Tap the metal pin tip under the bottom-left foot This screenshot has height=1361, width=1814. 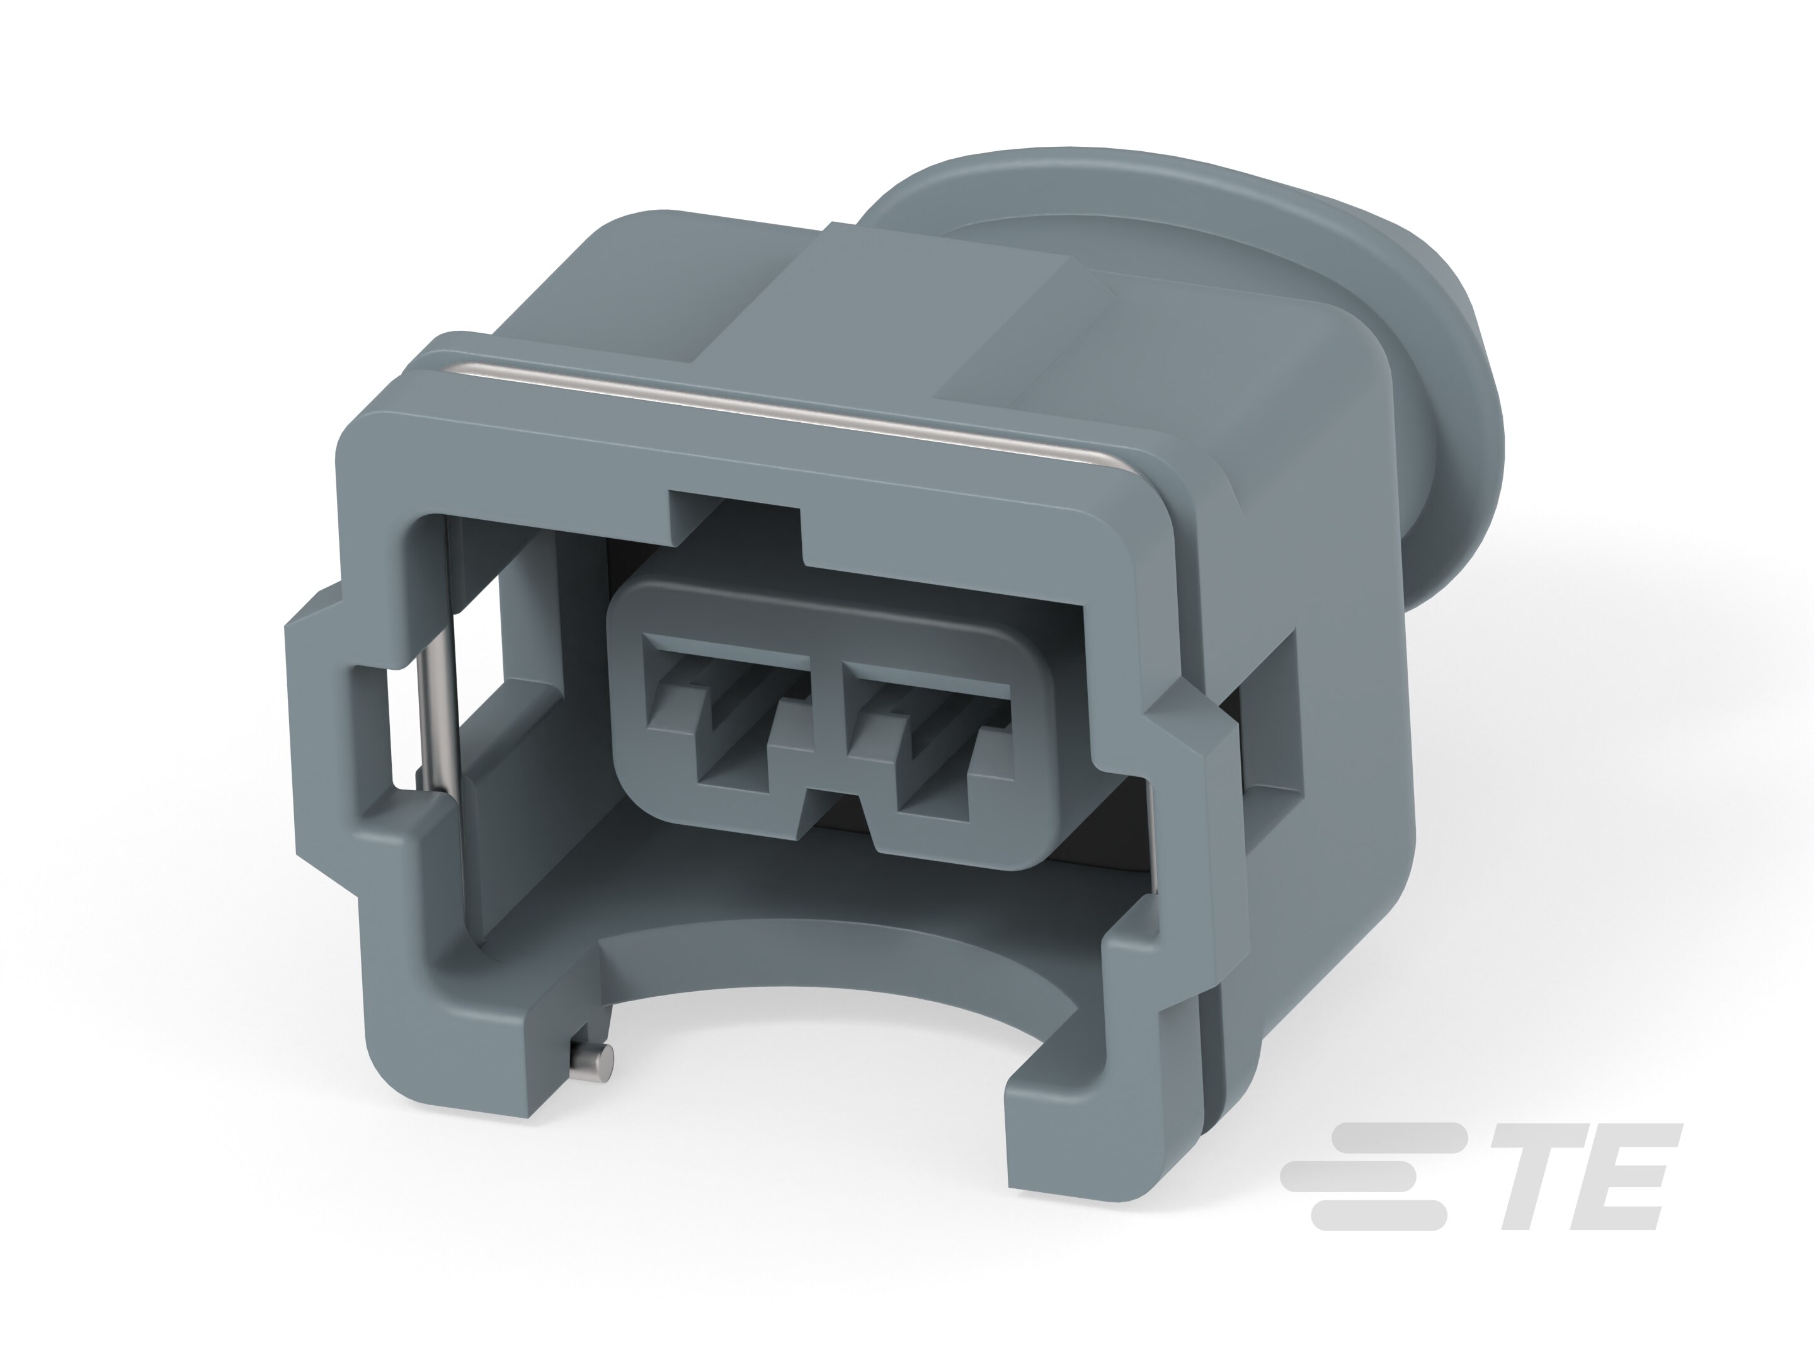pyautogui.click(x=592, y=1067)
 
